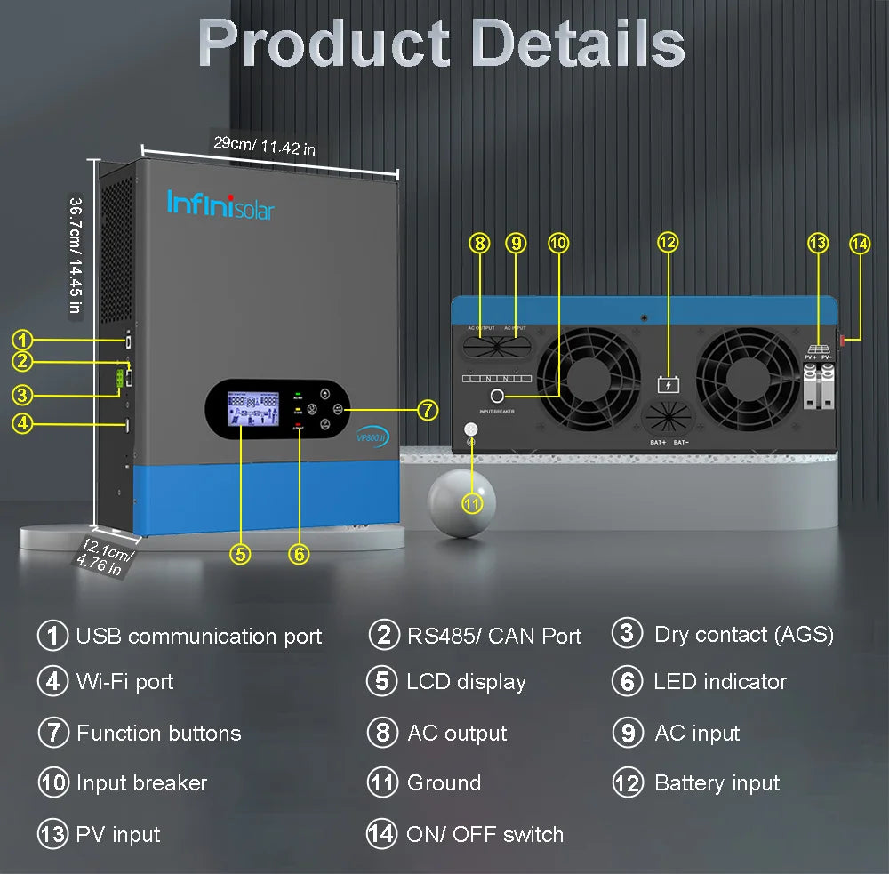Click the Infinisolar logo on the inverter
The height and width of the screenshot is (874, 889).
220,204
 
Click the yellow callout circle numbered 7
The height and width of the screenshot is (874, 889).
428,410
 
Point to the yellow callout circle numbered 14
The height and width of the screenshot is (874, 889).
859,243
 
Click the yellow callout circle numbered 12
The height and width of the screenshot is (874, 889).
668,242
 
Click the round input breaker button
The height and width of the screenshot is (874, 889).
496,396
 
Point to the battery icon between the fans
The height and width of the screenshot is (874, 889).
668,384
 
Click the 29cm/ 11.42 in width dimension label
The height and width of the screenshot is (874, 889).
264,144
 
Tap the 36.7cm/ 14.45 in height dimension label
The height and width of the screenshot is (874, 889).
76,254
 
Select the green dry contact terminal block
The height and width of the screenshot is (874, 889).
118,381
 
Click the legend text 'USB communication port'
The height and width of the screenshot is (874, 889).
198,637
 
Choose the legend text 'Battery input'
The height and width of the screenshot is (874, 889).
717,783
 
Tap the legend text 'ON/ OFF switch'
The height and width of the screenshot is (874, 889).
485,835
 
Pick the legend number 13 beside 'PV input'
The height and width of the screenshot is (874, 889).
52,835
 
